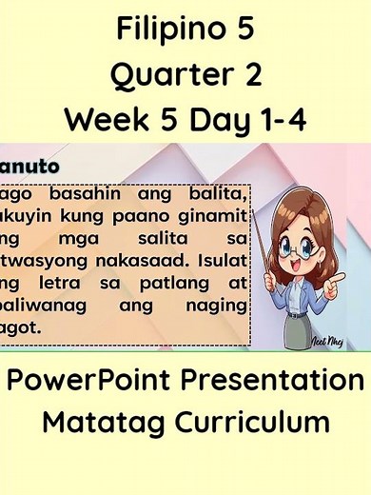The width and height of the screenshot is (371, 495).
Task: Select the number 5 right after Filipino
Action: click(x=243, y=30)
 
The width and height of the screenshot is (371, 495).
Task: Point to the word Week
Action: click(x=105, y=120)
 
